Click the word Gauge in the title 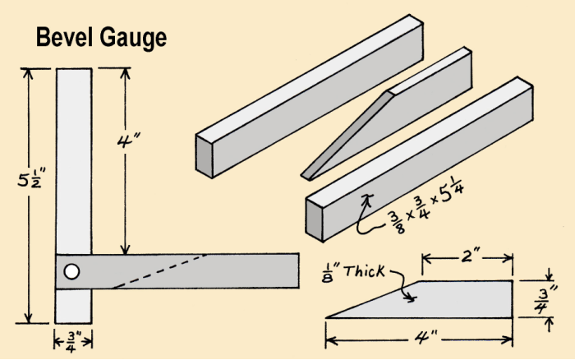click(133, 39)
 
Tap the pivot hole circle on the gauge click(72, 271)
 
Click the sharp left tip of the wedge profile click(329, 316)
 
